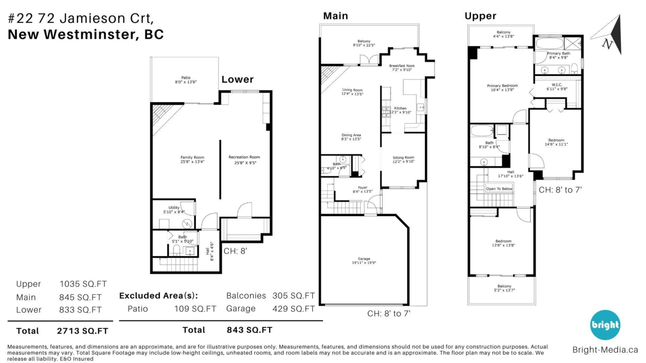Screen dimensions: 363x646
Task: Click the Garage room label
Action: (364, 260)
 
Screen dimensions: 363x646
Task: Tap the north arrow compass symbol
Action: (608, 35)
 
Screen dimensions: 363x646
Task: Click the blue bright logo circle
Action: (605, 325)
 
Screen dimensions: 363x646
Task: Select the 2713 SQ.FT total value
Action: (83, 330)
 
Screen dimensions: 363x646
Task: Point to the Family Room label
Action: (192, 159)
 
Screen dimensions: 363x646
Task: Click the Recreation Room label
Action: (244, 159)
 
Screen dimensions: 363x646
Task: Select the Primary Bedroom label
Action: (502, 88)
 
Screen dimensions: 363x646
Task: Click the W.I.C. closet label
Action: (557, 87)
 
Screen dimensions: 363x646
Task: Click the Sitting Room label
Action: (403, 160)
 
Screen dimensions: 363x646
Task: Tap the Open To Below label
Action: (499, 189)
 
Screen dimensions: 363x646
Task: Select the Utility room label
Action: (174, 209)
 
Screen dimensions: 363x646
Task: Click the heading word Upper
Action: (480, 16)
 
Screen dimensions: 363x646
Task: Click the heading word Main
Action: (335, 16)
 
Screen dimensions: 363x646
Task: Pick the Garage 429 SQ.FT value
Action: (294, 309)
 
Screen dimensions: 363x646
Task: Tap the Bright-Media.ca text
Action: (605, 350)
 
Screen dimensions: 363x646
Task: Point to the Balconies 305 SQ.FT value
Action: (294, 296)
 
